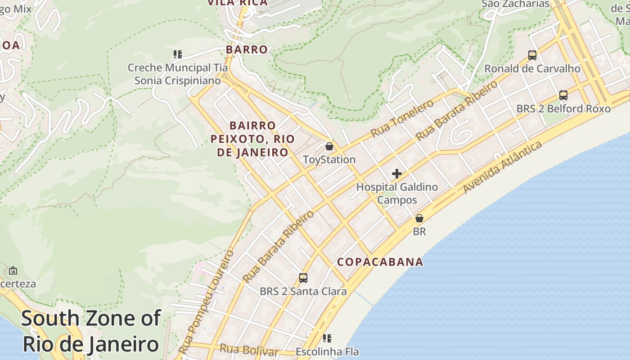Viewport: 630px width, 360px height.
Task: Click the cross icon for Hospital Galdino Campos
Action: (x=396, y=174)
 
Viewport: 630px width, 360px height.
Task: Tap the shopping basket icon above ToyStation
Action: (x=329, y=146)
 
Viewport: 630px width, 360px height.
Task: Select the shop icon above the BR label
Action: (x=419, y=218)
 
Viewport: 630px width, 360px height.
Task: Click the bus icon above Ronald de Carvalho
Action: (x=532, y=55)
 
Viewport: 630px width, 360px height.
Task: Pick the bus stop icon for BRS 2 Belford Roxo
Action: (x=563, y=95)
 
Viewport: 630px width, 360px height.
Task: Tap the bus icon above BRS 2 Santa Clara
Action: (x=303, y=278)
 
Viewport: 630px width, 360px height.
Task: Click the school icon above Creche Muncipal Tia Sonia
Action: (x=178, y=54)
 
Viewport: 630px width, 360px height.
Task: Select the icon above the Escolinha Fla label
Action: (x=327, y=338)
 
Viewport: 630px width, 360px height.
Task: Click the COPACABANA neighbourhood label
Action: (x=380, y=262)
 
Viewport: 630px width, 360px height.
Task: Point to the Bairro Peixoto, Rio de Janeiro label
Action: (x=252, y=139)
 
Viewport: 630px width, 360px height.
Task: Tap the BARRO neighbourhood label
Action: (x=247, y=49)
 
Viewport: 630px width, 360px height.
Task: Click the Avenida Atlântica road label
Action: (x=503, y=167)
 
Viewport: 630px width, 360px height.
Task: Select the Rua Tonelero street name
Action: (x=401, y=119)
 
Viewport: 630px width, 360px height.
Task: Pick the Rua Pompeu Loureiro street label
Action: (x=207, y=301)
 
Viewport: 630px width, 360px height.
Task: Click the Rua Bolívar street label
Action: (x=249, y=350)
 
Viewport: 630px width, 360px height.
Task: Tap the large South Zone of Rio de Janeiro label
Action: (x=91, y=331)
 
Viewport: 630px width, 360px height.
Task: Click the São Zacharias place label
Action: (x=516, y=4)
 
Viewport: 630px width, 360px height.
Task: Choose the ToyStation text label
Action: (x=329, y=160)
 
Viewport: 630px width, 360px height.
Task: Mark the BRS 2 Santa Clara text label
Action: (x=303, y=292)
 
